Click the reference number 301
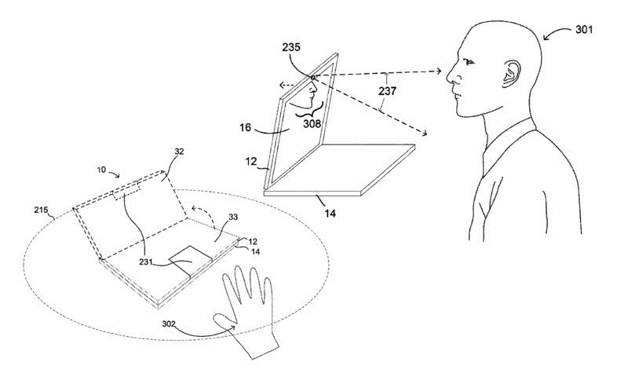click(584, 30)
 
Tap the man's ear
click(512, 74)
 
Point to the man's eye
click(469, 62)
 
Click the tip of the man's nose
click(447, 80)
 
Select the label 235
click(291, 47)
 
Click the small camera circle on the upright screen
click(312, 76)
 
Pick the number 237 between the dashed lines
click(387, 91)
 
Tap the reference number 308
click(312, 123)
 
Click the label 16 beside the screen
click(245, 127)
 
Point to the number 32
click(180, 152)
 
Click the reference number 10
click(101, 170)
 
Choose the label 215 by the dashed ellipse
click(42, 210)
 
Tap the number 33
click(233, 217)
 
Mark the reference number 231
click(146, 261)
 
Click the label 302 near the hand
click(169, 324)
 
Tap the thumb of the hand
click(225, 320)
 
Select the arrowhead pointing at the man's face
click(439, 71)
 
